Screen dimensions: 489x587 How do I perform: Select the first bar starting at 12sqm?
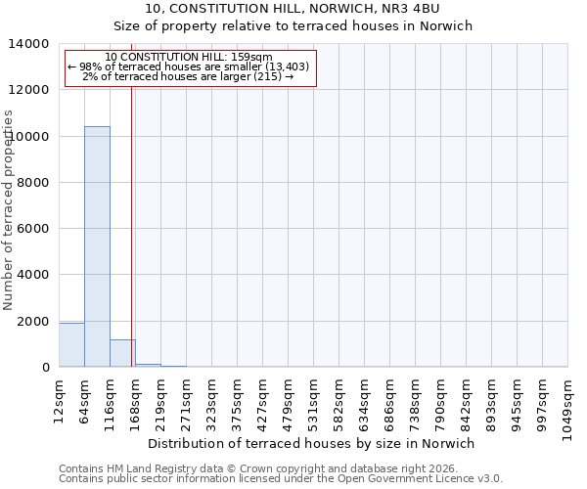pyautogui.click(x=71, y=345)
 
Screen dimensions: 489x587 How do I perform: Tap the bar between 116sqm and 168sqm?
pyautogui.click(x=122, y=353)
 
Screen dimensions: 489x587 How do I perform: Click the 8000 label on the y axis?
pyautogui.click(x=35, y=183)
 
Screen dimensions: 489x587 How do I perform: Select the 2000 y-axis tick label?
pyautogui.click(x=35, y=322)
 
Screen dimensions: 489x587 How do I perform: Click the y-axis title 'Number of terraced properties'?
pyautogui.click(x=9, y=209)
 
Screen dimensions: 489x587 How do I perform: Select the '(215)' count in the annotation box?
pyautogui.click(x=267, y=76)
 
